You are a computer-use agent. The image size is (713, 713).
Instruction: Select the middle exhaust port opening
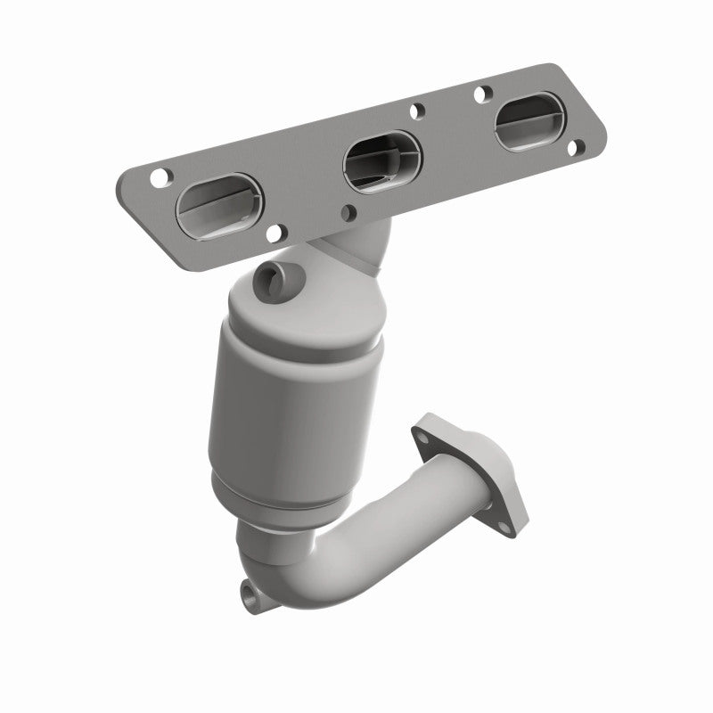tap(381, 160)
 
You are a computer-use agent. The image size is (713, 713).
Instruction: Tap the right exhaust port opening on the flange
tap(531, 123)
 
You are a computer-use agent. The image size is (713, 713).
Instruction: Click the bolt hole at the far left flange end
tap(159, 176)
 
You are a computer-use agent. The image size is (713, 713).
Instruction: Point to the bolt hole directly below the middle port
tap(348, 212)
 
